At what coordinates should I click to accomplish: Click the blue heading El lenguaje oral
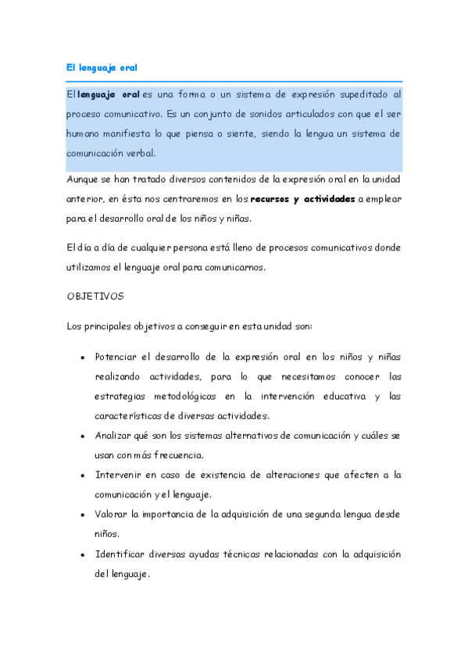102,68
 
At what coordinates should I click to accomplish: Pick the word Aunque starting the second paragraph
82,179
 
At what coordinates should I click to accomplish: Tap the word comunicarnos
233,268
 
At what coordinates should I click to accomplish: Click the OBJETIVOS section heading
91,297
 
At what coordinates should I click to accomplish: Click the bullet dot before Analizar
83,435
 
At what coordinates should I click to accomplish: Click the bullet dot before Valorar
83,514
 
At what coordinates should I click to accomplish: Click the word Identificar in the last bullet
119,553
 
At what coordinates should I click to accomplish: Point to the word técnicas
226,553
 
